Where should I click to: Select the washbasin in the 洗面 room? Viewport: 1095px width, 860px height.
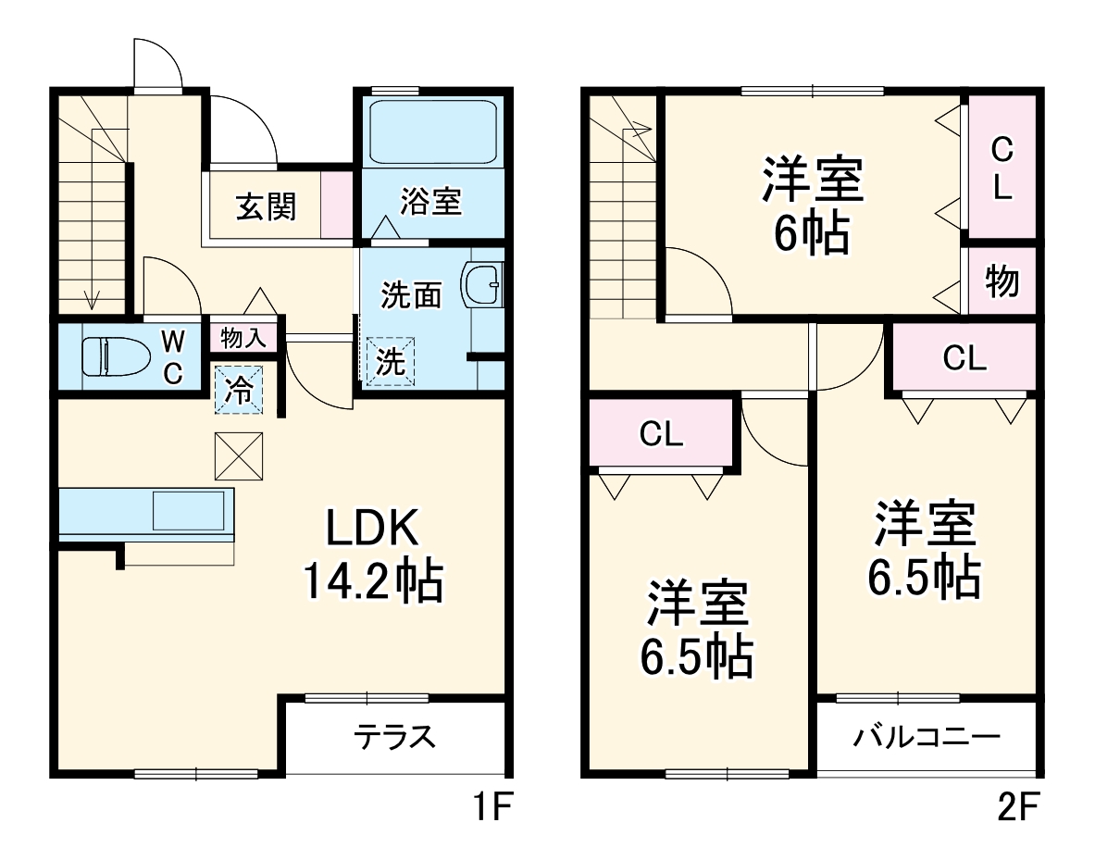click(x=482, y=285)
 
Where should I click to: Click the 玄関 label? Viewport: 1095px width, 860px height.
click(x=265, y=207)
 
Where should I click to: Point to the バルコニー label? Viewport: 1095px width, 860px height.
click(x=927, y=738)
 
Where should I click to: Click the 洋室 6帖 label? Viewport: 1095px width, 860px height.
click(x=813, y=206)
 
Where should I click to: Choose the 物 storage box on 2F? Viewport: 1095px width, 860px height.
click(x=1002, y=281)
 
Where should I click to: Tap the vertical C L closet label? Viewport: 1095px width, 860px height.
click(x=1002, y=168)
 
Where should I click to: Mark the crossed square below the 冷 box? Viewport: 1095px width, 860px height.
click(x=238, y=456)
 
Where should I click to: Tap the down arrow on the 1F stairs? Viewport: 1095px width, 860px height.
click(x=92, y=298)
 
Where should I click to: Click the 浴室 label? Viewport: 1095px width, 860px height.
click(x=430, y=202)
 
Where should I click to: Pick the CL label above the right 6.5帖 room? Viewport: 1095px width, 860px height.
click(x=964, y=358)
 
